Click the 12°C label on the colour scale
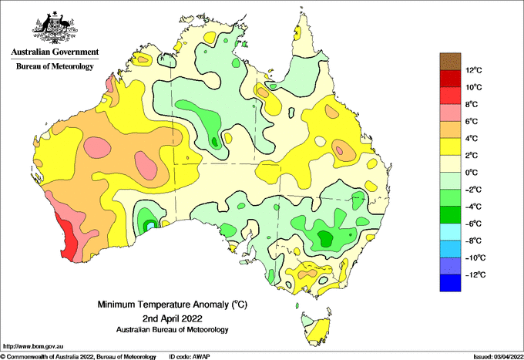[474, 70]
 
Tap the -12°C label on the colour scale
[475, 274]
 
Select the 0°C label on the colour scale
[472, 173]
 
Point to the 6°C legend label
[472, 121]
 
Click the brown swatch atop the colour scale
[450, 62]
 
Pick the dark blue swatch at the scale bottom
[450, 283]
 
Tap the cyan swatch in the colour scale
[450, 232]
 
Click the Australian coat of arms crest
[55, 28]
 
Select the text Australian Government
[55, 52]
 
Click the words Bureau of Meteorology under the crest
[55, 66]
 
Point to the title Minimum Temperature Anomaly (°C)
[172, 304]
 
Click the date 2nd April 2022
[172, 318]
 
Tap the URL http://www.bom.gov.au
[33, 347]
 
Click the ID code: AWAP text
[190, 357]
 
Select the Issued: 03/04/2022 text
[499, 357]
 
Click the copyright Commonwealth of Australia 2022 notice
[78, 357]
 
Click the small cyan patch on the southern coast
[151, 225]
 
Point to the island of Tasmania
[316, 329]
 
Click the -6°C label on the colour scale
[474, 224]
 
